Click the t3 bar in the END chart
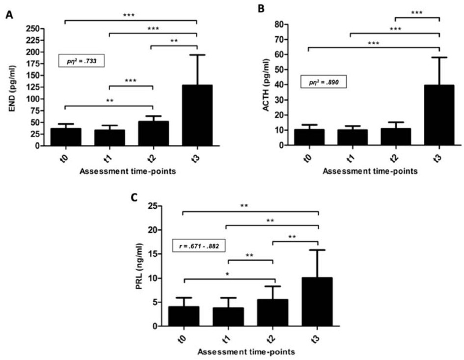[196, 115]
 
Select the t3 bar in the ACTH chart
[439, 115]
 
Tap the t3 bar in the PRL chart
[317, 302]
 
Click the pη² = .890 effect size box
[324, 82]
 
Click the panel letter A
[9, 15]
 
